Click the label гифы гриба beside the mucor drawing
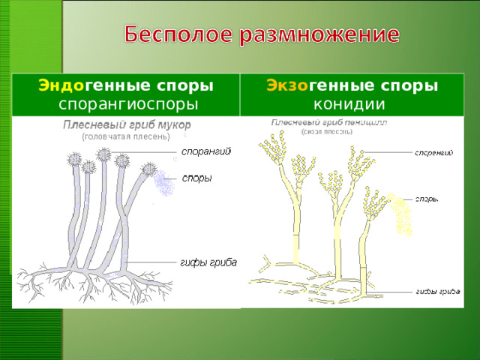point(208,262)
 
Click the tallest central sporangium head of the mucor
point(103,155)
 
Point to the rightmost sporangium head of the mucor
point(149,169)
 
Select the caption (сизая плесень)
point(326,131)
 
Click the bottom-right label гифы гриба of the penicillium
point(438,291)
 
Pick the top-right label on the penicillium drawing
point(434,153)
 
